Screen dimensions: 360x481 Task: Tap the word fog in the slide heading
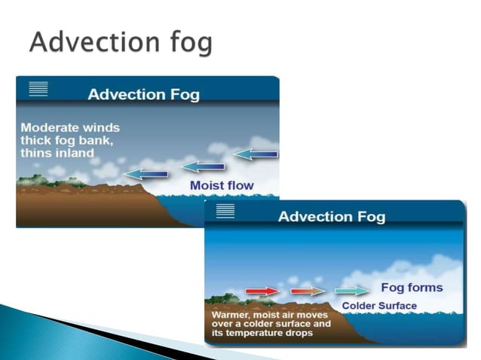[x=188, y=43]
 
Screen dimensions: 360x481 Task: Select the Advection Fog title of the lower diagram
[x=332, y=217]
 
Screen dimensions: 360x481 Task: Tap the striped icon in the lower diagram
[x=225, y=211]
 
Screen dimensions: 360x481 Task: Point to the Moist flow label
[x=222, y=185]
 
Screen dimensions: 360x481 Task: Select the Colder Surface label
[x=378, y=306]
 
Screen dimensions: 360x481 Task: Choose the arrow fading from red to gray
[x=306, y=291]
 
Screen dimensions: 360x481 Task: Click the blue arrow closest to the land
[x=146, y=174]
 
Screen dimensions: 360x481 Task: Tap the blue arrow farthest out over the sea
[x=256, y=154]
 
